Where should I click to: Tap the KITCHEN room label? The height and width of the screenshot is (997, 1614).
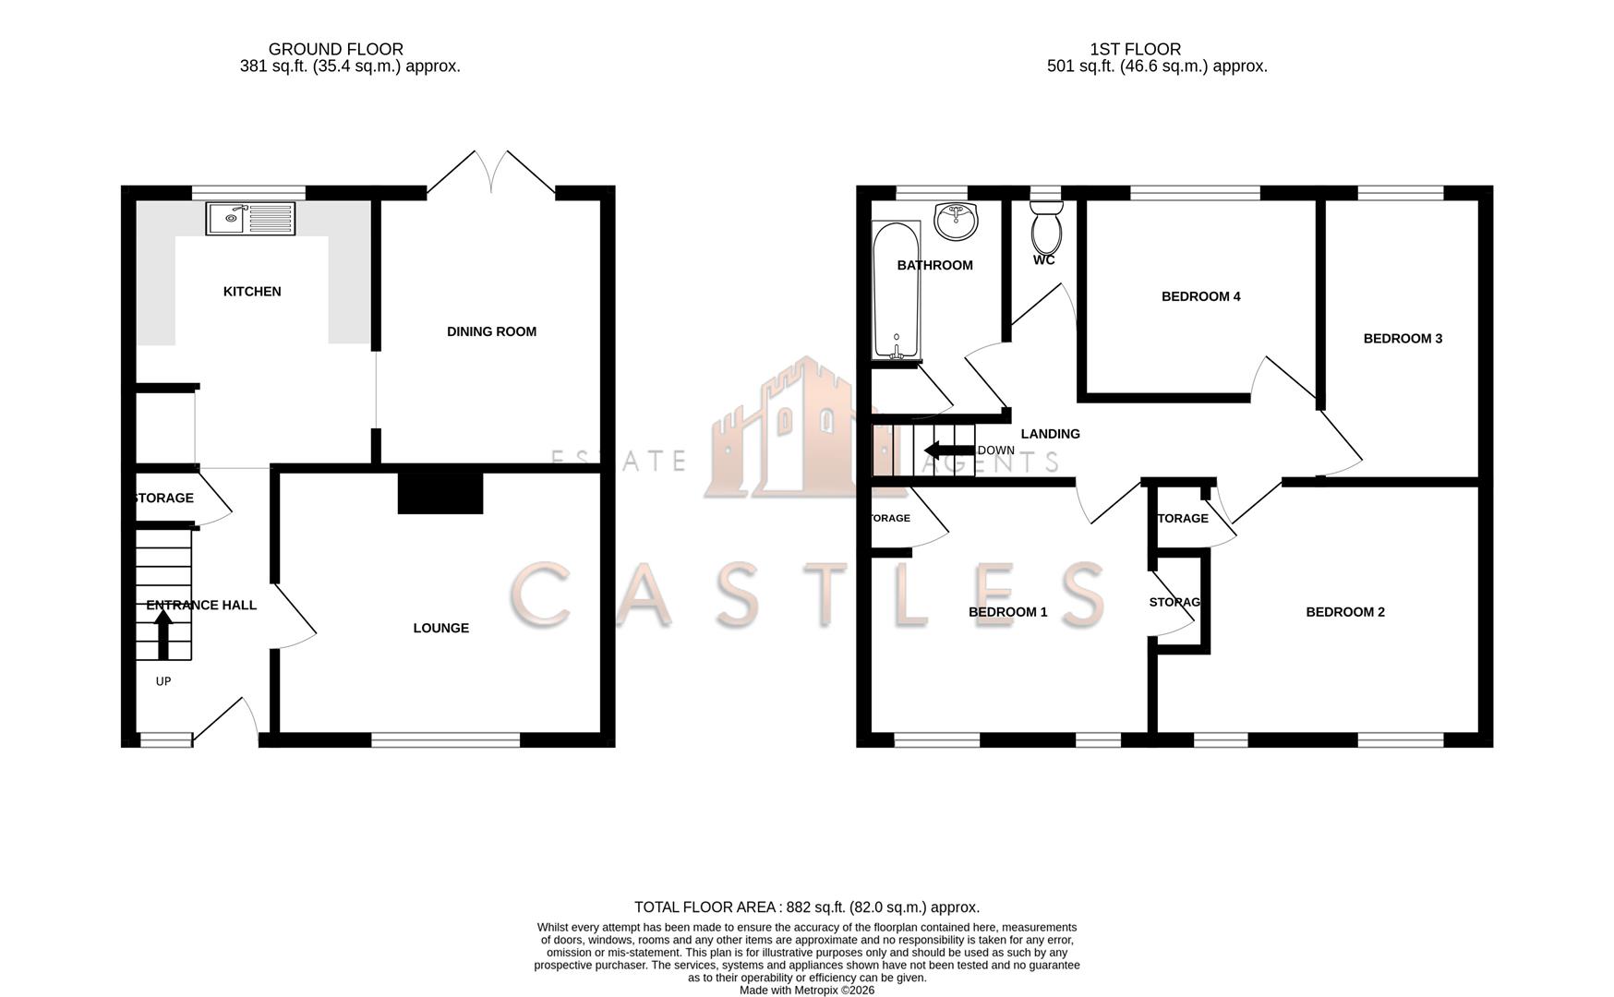click(252, 292)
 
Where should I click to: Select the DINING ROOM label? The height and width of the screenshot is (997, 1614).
click(491, 331)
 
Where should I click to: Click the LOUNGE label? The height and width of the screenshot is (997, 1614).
click(440, 628)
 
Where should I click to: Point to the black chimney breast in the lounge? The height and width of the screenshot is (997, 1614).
click(440, 493)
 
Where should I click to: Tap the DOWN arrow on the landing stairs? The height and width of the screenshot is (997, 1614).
click(944, 450)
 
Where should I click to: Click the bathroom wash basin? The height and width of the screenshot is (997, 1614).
click(957, 221)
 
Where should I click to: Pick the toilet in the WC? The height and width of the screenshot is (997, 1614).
click(1046, 227)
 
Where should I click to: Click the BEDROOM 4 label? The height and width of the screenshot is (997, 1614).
click(1200, 296)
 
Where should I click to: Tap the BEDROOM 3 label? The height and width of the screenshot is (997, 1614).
click(1403, 339)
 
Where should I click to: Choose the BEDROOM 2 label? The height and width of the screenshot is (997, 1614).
click(1345, 612)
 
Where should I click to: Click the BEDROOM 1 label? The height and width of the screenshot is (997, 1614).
click(1007, 612)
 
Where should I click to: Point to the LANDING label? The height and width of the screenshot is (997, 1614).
click(1050, 434)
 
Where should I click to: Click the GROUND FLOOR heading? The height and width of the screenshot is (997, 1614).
click(336, 49)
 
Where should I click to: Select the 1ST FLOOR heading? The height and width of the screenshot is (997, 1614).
click(1135, 49)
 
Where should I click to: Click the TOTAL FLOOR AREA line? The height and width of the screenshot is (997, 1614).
click(806, 907)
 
